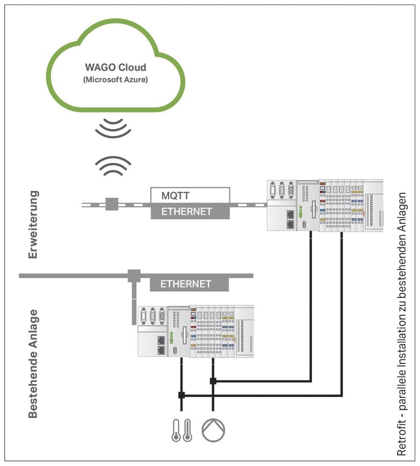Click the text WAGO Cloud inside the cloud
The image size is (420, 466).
coord(115,68)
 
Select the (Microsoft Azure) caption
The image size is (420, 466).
coord(115,80)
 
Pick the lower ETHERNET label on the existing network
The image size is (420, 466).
coord(186,284)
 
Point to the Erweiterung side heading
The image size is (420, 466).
coord(33,224)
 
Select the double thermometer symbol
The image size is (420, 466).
coord(181,429)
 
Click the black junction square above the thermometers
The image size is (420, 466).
coord(181,396)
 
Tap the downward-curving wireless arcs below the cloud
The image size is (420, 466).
coord(113,128)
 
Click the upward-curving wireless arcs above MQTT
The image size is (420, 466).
coord(113,165)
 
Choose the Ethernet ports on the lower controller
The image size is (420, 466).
coord(161,344)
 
